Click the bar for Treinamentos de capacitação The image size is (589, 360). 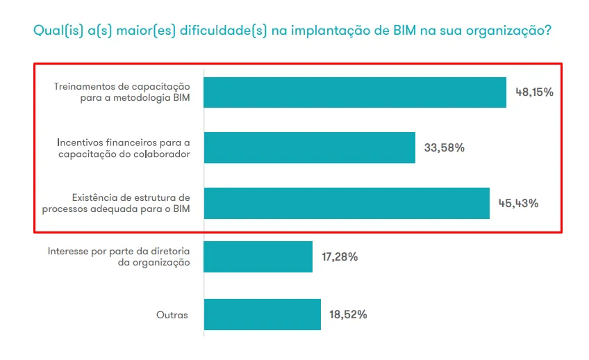click(355, 92)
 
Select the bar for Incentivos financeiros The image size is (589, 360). click(310, 147)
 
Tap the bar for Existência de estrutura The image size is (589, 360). click(347, 203)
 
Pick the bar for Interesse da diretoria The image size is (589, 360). click(258, 257)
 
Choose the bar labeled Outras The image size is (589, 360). click(263, 314)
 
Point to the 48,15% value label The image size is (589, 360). click(534, 92)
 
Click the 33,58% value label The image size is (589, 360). click(444, 147)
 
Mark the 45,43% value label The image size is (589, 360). click(518, 203)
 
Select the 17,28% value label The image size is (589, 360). click(340, 257)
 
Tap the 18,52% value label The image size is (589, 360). click(348, 314)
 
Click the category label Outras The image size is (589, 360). click(172, 315)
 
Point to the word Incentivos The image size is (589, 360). click(80, 142)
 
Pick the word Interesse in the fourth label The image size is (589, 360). click(68, 251)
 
